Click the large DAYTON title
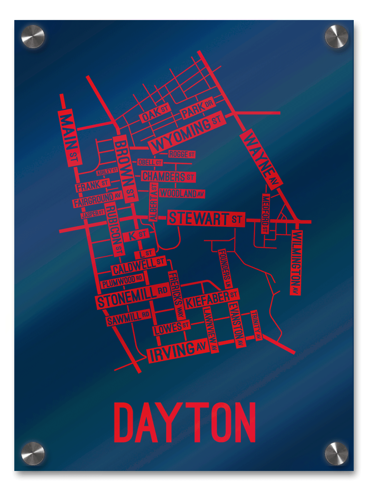(x=184, y=422)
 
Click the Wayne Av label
(x=261, y=160)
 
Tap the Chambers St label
(x=168, y=177)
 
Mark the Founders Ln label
(x=225, y=268)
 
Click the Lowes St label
(x=172, y=327)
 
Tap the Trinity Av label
(x=256, y=325)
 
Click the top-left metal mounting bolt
(x=33, y=36)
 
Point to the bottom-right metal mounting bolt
(x=336, y=453)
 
